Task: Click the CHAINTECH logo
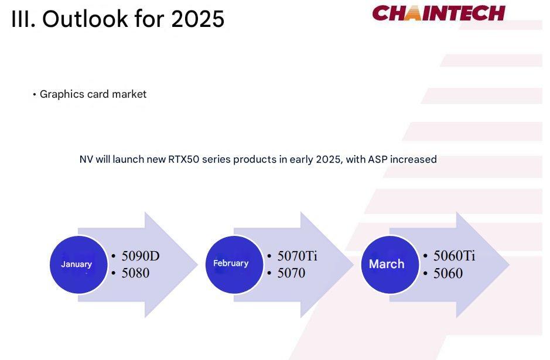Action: (439, 13)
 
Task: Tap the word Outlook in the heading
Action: (85, 19)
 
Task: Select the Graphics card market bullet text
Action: (93, 94)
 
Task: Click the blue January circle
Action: (78, 265)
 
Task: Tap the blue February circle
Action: (234, 265)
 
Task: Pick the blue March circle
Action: (390, 265)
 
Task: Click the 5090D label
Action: (141, 256)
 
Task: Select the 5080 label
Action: (135, 273)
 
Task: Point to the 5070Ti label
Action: (297, 256)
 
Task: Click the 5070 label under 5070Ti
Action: (291, 273)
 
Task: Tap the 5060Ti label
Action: (455, 256)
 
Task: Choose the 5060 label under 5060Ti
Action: (448, 273)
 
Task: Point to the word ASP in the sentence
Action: (377, 159)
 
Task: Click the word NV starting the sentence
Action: (86, 159)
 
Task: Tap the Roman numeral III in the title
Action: (23, 19)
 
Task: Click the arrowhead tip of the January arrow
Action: (198, 265)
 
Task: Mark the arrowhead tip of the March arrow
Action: (510, 265)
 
